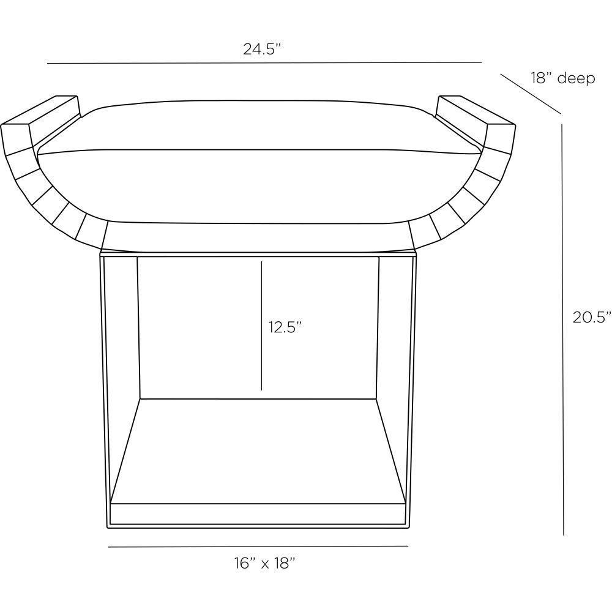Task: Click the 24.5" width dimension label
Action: (x=262, y=49)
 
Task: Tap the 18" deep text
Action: (x=562, y=78)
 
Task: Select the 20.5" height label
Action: (x=592, y=317)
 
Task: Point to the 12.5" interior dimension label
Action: (x=285, y=327)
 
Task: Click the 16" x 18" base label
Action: (x=264, y=563)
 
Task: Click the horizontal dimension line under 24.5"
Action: (x=264, y=62)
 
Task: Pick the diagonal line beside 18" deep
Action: (x=531, y=94)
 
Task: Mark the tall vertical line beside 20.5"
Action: (x=563, y=329)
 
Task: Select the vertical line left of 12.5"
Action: (x=261, y=326)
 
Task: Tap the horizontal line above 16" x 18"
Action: (x=258, y=547)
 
